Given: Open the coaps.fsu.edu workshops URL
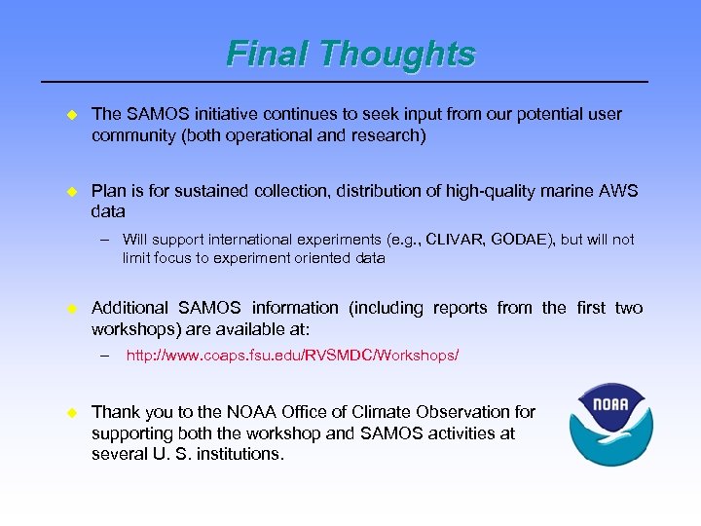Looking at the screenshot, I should point(292,356).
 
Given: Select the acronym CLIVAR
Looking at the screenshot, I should point(454,240).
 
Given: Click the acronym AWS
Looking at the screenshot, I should point(615,191).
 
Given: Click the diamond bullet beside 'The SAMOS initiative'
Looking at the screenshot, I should point(70,115).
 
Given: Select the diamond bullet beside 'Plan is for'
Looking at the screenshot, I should point(70,192).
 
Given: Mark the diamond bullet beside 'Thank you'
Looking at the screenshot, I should point(70,413).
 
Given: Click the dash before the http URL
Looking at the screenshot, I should point(104,356).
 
